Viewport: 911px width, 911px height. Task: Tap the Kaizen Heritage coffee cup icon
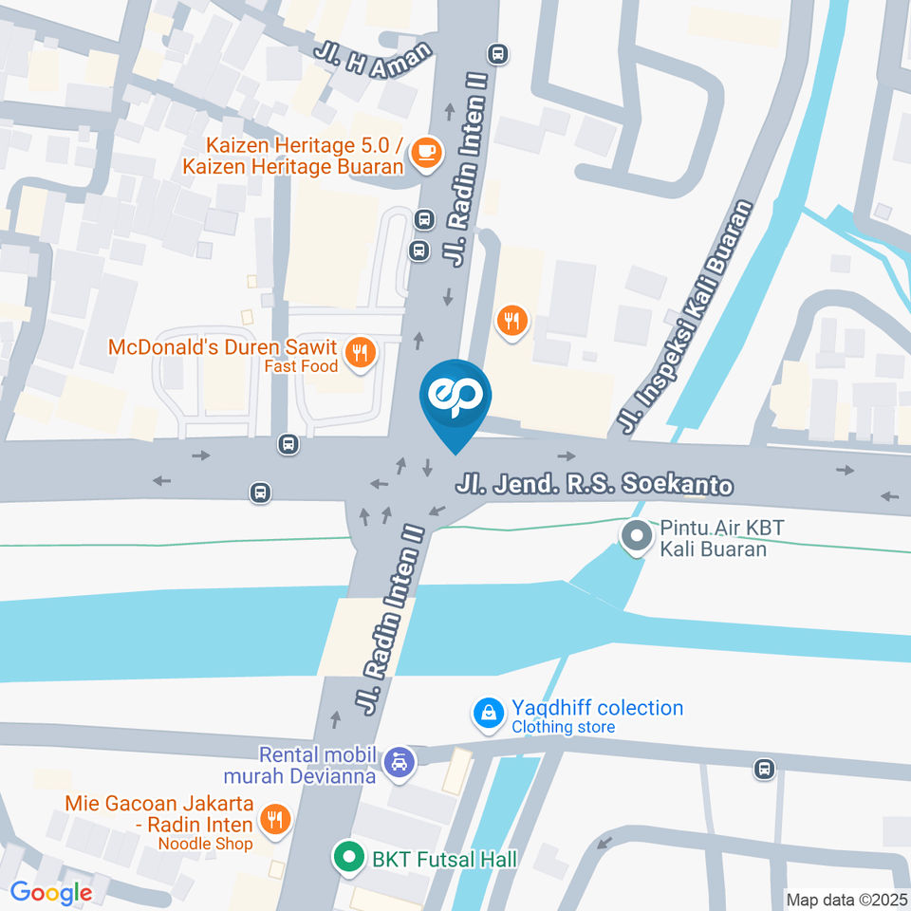click(427, 152)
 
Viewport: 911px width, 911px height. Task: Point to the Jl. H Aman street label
click(377, 58)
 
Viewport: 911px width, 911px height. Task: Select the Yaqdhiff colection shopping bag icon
click(489, 713)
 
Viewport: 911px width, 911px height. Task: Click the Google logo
click(51, 892)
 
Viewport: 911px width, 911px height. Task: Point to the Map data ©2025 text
click(845, 899)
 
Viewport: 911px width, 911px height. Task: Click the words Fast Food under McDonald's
click(294, 366)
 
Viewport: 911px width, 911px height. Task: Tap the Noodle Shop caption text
click(205, 844)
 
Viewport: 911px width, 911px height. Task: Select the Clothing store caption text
click(564, 727)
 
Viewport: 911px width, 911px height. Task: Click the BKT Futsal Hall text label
click(444, 860)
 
